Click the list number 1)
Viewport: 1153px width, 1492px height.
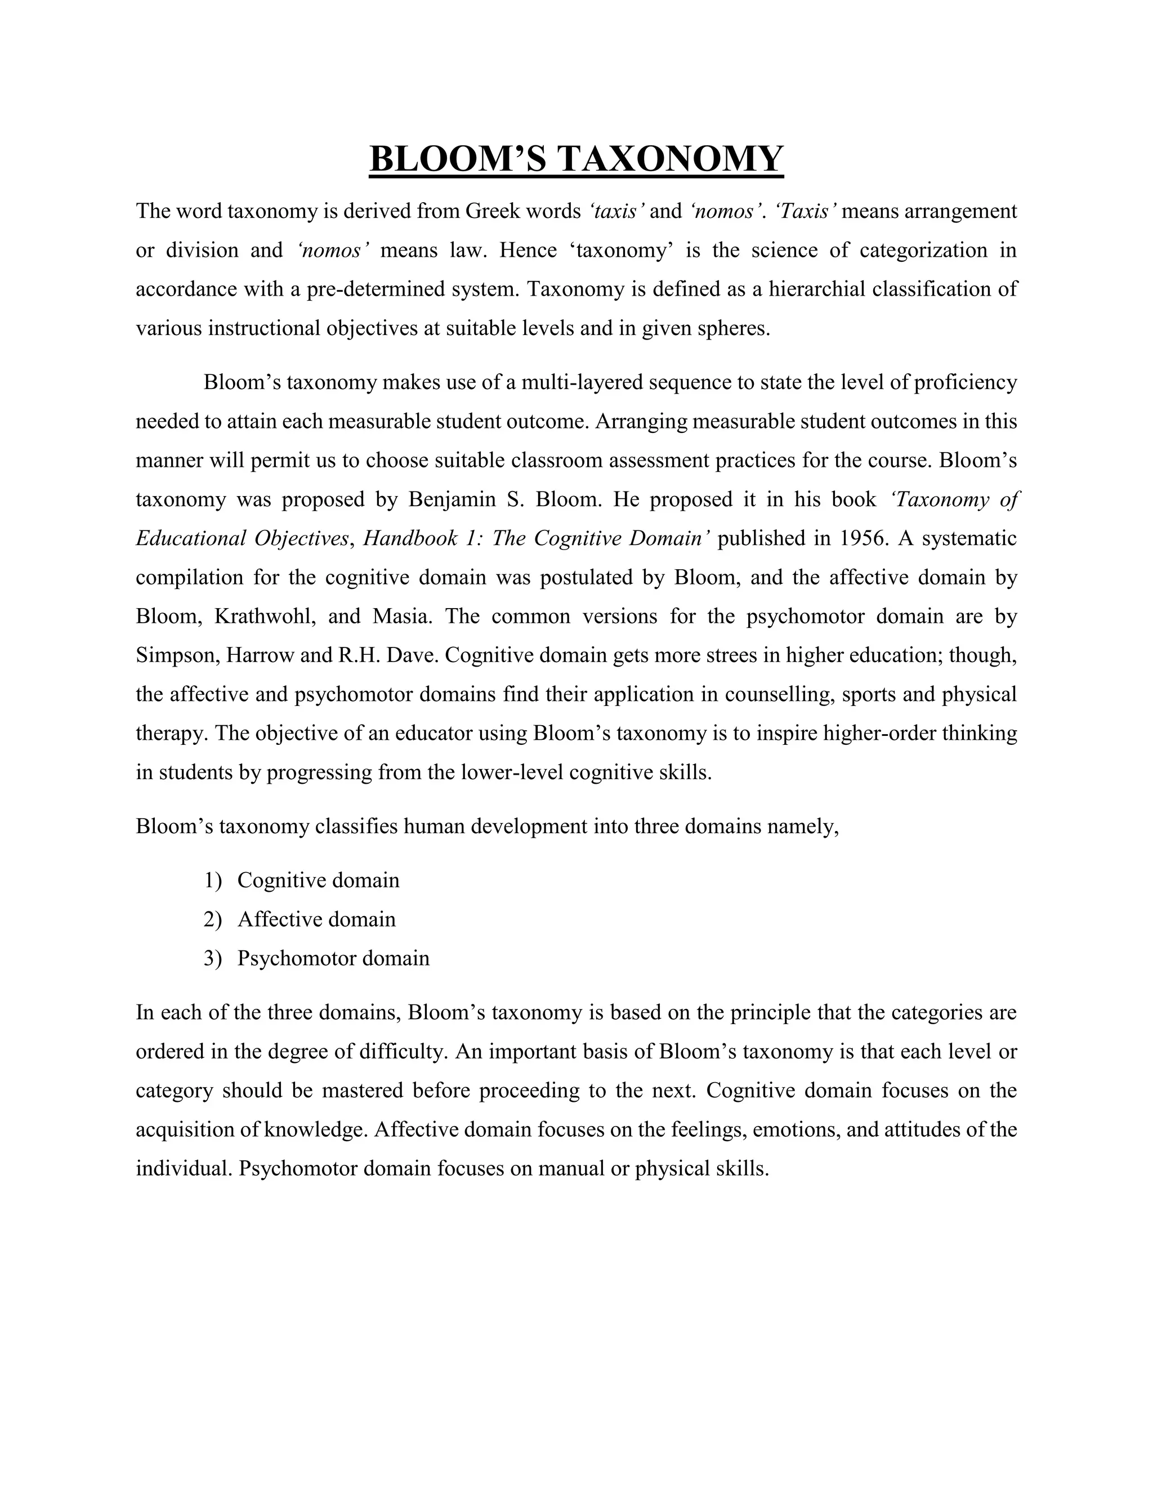[x=213, y=880]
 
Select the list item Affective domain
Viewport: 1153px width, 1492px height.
[x=316, y=919]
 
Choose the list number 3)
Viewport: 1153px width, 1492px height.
[x=213, y=958]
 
